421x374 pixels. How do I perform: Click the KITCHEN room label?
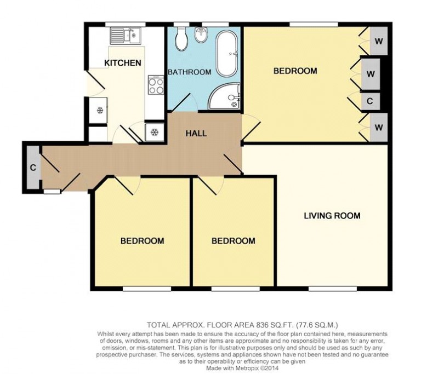[123, 63]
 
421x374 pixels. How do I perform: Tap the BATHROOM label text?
[189, 72]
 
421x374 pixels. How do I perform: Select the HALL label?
[196, 133]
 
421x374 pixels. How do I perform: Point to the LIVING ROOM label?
[332, 216]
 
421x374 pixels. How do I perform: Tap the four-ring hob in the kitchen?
[156, 85]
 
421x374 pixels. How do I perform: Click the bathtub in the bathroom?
[227, 54]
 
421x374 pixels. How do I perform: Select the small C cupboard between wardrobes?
[370, 101]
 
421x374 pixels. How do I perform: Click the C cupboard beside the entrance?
[32, 168]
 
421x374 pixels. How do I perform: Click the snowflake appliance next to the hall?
[155, 131]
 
